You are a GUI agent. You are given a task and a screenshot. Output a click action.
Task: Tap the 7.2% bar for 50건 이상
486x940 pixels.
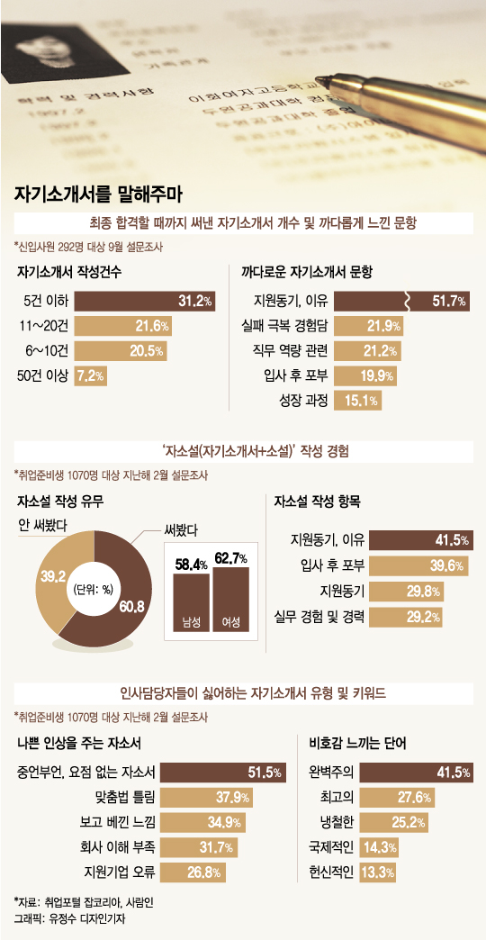tap(92, 375)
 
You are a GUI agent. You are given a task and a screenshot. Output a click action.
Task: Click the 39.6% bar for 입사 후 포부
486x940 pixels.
tap(419, 565)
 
